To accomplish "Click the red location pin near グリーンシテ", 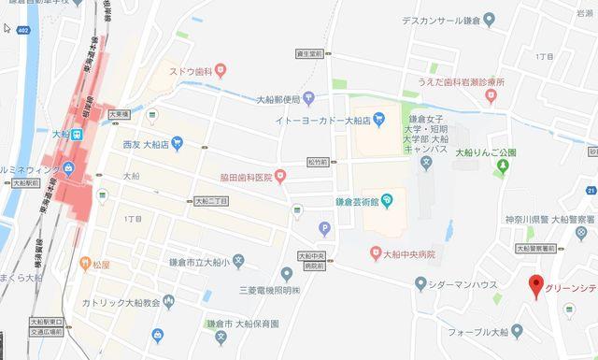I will [536, 286].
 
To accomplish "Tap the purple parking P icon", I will [325, 226].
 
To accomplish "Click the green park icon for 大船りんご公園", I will [504, 167].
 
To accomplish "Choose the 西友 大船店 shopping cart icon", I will [178, 143].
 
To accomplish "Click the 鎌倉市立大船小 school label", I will [193, 259].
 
